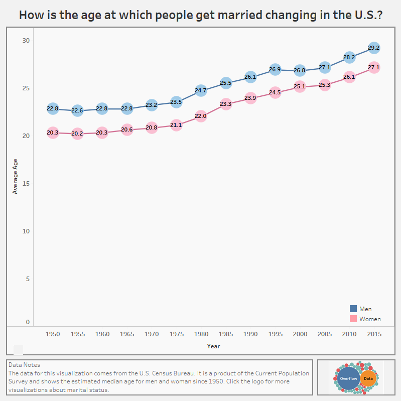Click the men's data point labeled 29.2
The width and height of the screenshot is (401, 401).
point(373,48)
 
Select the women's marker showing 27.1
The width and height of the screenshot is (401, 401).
point(373,67)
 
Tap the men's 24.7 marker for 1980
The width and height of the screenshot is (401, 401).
point(200,91)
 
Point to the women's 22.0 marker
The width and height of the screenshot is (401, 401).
point(200,116)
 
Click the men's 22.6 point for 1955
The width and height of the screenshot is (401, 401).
point(77,110)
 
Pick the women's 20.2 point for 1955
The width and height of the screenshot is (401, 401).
point(77,133)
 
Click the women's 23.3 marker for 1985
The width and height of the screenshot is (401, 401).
point(225,104)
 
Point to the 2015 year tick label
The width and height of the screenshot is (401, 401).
point(373,334)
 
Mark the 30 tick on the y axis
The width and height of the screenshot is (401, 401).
point(26,40)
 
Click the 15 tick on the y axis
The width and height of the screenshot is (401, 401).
point(26,183)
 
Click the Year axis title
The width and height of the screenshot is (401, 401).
point(213,346)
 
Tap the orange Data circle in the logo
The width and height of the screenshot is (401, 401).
point(368,379)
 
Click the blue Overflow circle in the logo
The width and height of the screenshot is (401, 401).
point(348,379)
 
